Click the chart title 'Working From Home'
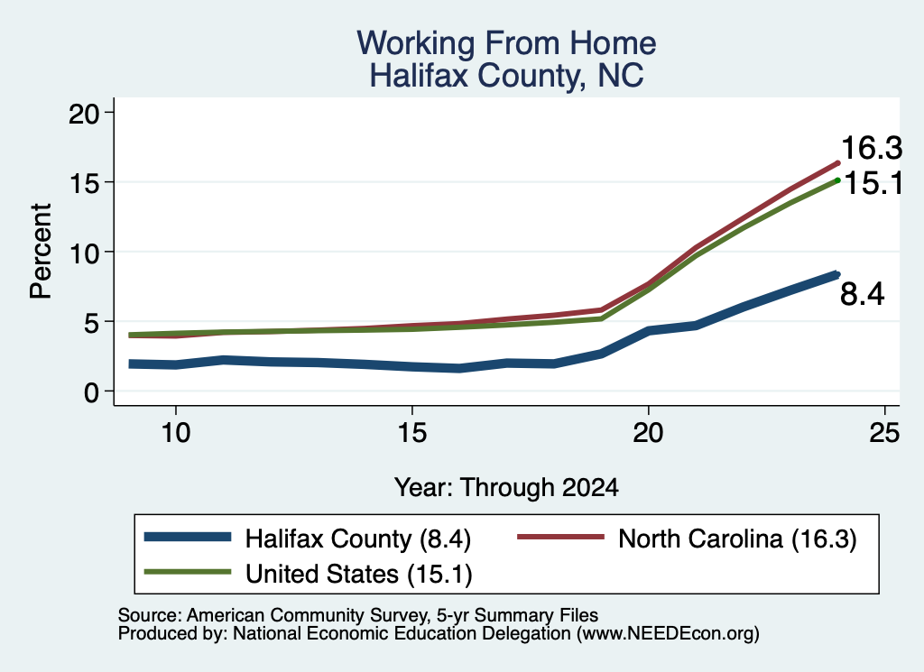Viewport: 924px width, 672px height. pyautogui.click(x=506, y=43)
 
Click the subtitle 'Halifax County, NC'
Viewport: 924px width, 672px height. pyautogui.click(x=506, y=76)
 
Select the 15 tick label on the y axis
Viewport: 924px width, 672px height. pyautogui.click(x=84, y=183)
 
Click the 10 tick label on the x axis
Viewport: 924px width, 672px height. pyautogui.click(x=176, y=433)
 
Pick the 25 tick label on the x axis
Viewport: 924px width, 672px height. pyautogui.click(x=884, y=433)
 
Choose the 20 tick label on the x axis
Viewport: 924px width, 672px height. pyautogui.click(x=648, y=433)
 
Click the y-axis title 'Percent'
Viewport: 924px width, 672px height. pyautogui.click(x=42, y=252)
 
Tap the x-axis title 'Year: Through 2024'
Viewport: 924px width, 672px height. pyautogui.click(x=506, y=488)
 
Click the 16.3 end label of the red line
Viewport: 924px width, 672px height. pyautogui.click(x=872, y=148)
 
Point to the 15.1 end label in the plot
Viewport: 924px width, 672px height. pyautogui.click(x=873, y=184)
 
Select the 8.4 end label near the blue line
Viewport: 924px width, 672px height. pyautogui.click(x=862, y=294)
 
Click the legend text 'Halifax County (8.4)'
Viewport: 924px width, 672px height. pyautogui.click(x=358, y=539)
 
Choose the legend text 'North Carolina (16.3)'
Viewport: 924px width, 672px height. pyautogui.click(x=737, y=539)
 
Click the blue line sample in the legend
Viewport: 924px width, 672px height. pyautogui.click(x=188, y=537)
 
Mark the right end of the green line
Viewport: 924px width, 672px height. pyautogui.click(x=837, y=180)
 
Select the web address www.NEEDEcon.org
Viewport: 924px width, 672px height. pyautogui.click(x=668, y=634)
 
